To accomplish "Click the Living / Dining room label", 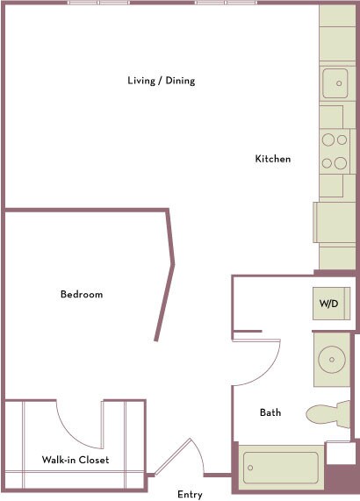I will tap(161, 81).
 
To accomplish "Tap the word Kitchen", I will tap(272, 159).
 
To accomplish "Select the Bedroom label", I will tap(81, 294).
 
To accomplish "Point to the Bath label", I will tap(270, 412).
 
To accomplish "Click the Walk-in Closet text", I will tap(76, 460).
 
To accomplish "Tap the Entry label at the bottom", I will tap(190, 495).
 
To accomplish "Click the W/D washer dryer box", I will tap(329, 304).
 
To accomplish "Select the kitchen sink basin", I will tap(334, 83).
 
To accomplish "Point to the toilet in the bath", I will tap(328, 413).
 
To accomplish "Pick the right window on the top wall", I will tap(226, 3).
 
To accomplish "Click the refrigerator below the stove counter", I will tap(334, 222).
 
